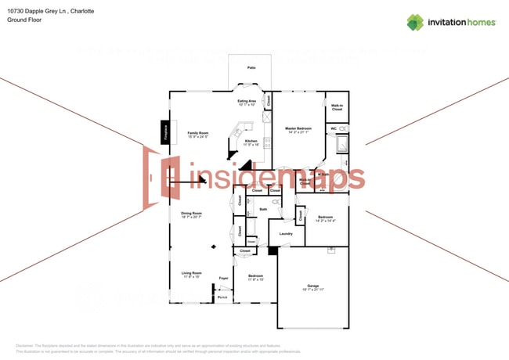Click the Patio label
[251, 68]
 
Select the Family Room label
[197, 133]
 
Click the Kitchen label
[251, 141]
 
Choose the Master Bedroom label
[298, 128]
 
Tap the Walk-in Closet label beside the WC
[337, 107]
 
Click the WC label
[334, 128]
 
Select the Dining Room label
[192, 213]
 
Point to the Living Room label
[192, 273]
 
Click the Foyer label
[223, 278]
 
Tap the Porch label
[223, 297]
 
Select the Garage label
[313, 286]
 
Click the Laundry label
[286, 233]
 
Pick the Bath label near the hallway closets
[264, 209]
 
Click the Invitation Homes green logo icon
[415, 22]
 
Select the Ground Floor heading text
[24, 20]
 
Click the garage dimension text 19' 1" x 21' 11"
[313, 291]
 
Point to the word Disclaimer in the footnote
[29, 345]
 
